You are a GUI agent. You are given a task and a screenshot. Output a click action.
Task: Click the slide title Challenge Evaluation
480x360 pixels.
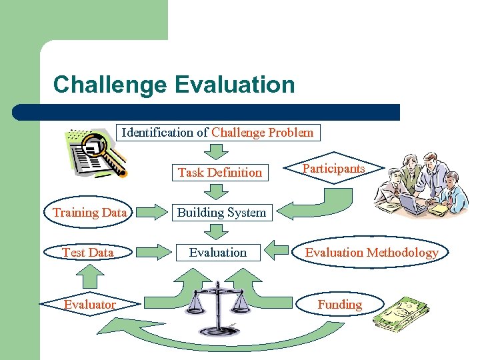coord(173,85)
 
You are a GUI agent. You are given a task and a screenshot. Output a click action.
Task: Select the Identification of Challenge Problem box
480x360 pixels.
coord(217,132)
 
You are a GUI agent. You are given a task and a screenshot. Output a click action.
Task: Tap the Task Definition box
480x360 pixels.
coord(219,172)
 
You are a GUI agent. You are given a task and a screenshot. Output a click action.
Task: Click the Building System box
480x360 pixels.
coord(221,213)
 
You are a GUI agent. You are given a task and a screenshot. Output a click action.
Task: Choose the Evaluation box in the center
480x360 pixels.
coord(217,252)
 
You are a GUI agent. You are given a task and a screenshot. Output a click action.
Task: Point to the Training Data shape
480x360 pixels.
coord(89,213)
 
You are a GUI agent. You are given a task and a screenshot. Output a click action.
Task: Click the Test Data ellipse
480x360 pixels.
coord(88,252)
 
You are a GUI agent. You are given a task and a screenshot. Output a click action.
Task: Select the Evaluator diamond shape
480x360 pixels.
coord(89,304)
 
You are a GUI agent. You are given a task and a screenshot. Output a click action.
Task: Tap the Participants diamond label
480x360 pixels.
coord(334,169)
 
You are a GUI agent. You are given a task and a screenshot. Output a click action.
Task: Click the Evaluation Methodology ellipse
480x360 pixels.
coord(371,252)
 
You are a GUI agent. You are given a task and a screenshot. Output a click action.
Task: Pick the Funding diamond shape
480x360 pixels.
coord(339,304)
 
